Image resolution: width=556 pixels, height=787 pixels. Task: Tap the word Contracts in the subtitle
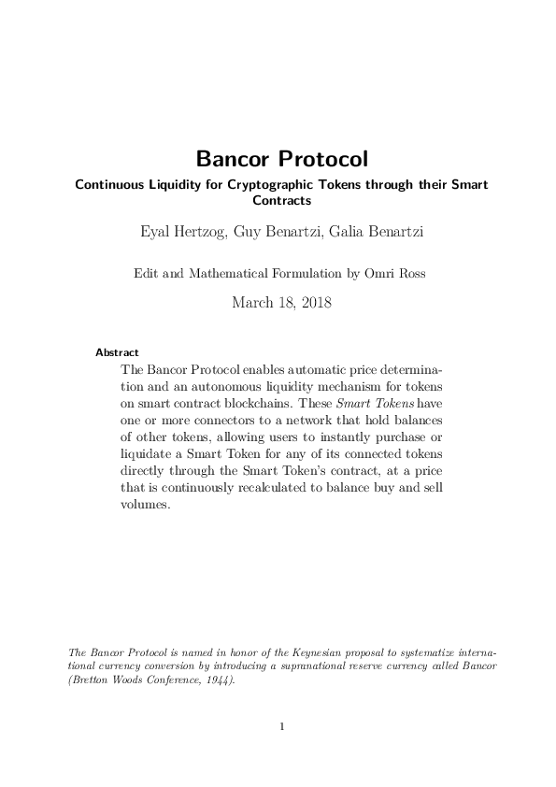point(281,198)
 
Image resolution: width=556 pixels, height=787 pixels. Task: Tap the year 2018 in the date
point(310,302)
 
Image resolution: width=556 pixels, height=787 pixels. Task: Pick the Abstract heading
point(117,352)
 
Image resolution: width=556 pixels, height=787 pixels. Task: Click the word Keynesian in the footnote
point(281,652)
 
